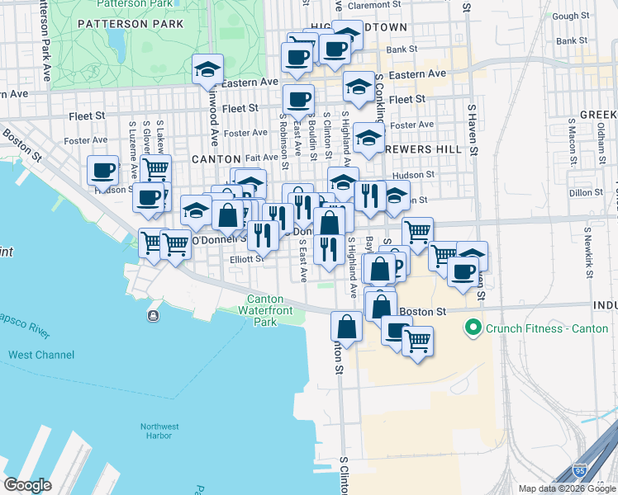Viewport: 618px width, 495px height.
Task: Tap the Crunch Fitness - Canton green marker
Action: (x=473, y=328)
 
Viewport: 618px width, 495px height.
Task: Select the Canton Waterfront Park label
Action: (x=265, y=310)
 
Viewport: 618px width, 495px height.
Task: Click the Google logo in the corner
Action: (x=28, y=484)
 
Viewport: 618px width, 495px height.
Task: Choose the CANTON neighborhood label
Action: (x=216, y=158)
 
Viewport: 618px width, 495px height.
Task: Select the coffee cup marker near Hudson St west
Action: (x=103, y=171)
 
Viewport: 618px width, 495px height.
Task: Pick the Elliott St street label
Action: (x=247, y=258)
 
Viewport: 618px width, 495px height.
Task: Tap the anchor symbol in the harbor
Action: (x=153, y=316)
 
